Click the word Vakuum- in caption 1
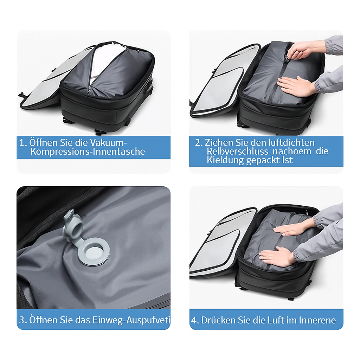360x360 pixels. [108, 143]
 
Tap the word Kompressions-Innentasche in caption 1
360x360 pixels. [88, 152]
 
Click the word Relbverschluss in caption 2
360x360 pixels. [237, 151]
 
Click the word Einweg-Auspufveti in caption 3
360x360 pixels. [131, 320]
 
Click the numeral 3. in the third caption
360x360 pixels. [23, 320]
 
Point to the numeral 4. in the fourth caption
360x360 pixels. [195, 320]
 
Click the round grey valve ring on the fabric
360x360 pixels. [94, 252]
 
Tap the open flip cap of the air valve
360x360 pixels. [72, 226]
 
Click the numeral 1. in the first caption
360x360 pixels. [23, 143]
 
